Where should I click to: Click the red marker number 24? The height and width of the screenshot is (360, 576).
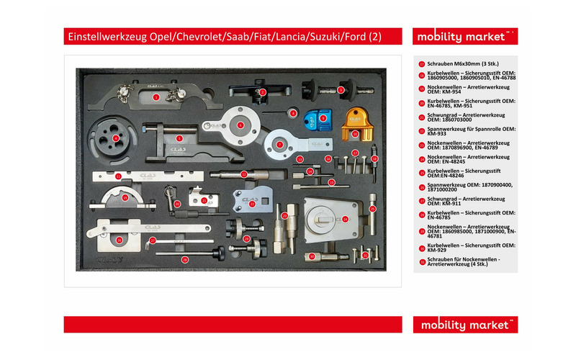coord(344,218)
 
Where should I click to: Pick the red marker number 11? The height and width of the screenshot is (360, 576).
coord(118,176)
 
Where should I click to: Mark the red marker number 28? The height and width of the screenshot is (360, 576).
coord(184,259)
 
